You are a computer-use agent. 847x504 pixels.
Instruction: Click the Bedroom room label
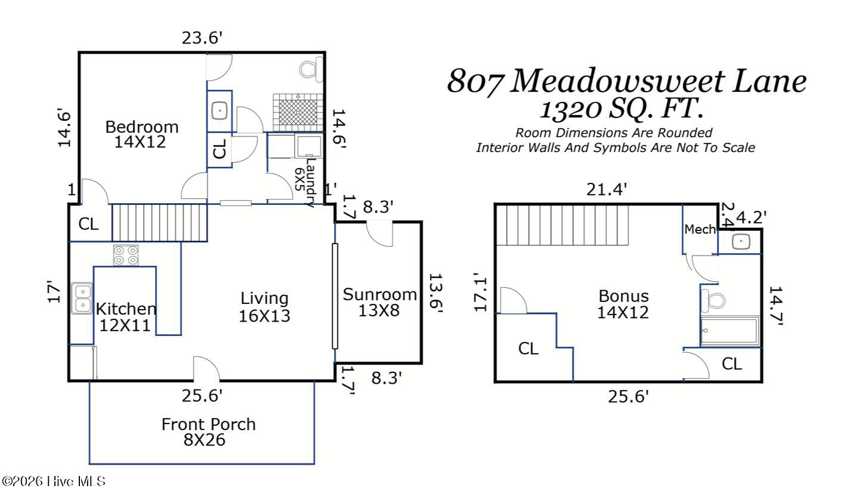[x=142, y=134]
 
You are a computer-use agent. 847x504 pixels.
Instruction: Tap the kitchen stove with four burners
[x=126, y=256]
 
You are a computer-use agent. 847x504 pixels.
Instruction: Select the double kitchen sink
[x=82, y=298]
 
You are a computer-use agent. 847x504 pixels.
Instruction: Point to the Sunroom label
[x=379, y=302]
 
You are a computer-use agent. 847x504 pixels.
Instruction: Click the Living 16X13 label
[x=264, y=306]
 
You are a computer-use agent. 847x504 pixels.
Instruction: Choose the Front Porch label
[x=208, y=432]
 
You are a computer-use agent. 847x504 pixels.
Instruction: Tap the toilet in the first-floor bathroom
[x=310, y=69]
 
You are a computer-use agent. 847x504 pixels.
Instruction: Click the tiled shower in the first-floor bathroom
[x=298, y=109]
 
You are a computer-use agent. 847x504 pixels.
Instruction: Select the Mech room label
[x=700, y=229]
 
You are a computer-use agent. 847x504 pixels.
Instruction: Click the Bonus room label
[x=623, y=304]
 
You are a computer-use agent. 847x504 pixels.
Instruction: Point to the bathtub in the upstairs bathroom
[x=729, y=332]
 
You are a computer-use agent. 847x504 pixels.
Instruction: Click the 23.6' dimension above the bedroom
[x=202, y=38]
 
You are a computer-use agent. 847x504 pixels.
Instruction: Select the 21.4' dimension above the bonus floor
[x=607, y=189]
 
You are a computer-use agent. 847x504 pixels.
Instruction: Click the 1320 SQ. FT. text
[x=621, y=108]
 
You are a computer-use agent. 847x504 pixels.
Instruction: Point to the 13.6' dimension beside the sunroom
[x=437, y=293]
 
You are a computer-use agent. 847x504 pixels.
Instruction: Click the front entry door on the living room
[x=206, y=369]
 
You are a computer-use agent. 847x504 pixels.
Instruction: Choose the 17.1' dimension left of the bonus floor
[x=481, y=293]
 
